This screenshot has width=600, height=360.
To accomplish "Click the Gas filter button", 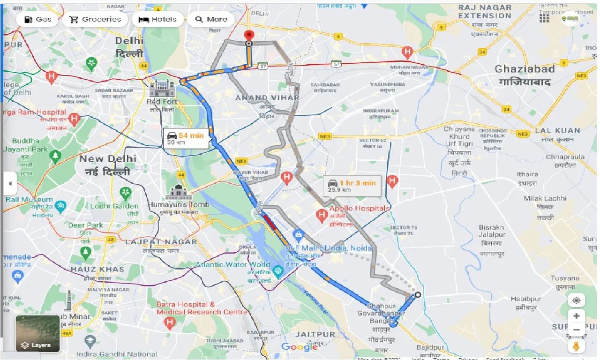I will click(37, 19).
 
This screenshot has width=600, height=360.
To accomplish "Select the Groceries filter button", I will click(95, 19).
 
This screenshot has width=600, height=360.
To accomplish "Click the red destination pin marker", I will click(249, 36).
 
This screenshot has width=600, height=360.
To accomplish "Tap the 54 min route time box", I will click(186, 139).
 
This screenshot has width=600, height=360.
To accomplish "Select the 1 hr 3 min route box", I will click(353, 186).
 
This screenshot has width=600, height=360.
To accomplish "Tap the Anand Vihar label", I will click(267, 98).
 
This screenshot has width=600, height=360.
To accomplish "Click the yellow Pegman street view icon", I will click(576, 346).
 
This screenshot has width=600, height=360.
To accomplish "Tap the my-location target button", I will click(576, 300).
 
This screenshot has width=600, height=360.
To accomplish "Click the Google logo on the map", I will click(300, 347).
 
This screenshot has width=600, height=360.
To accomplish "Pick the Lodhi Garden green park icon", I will click(125, 193).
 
